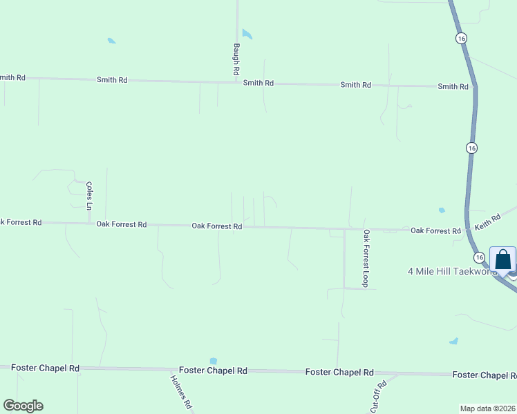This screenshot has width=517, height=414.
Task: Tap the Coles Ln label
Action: (88, 195)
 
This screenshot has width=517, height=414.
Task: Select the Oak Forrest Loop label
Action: (366, 259)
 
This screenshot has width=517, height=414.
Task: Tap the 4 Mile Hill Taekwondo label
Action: (453, 271)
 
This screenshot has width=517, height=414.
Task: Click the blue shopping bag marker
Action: (502, 260)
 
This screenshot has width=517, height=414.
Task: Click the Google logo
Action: (23, 406)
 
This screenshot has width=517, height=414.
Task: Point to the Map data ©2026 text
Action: (488, 408)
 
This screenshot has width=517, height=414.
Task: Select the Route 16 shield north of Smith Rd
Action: (461, 39)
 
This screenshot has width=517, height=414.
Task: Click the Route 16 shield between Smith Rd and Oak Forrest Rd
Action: (471, 148)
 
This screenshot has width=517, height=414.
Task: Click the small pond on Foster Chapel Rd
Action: (213, 361)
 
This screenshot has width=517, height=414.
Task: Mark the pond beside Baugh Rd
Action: (247, 33)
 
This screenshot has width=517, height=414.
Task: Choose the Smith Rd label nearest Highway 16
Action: (453, 86)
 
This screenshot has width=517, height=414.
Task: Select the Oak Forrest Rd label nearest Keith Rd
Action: (435, 230)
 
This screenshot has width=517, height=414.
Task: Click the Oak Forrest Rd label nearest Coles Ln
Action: (122, 224)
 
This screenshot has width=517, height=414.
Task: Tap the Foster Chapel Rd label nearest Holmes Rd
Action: (213, 371)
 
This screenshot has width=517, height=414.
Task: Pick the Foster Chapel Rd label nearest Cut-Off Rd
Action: (339, 372)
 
